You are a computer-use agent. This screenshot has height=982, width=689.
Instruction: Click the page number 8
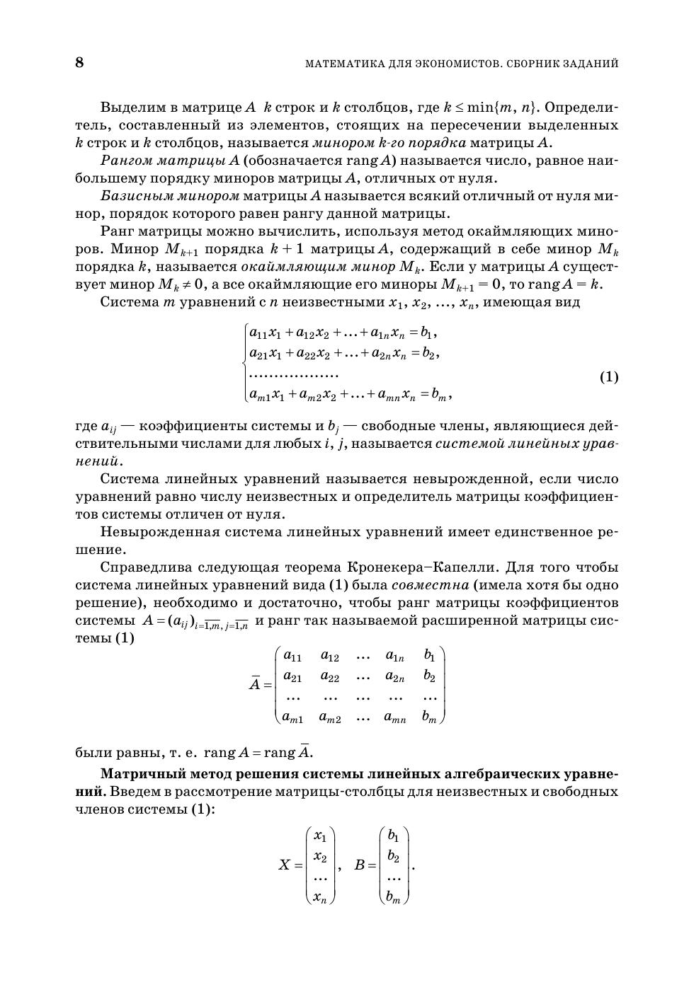point(79,63)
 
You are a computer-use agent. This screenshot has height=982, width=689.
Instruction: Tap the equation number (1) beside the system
point(609,376)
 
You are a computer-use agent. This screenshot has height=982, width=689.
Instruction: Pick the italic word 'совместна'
point(430,585)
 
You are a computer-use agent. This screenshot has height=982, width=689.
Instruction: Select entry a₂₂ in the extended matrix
point(329,676)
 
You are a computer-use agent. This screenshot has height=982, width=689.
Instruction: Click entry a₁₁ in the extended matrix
point(292,656)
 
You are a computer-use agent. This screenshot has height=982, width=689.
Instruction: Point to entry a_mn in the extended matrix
point(394,717)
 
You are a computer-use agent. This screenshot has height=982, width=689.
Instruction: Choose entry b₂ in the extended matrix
point(429,676)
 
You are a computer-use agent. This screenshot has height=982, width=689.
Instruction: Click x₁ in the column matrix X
point(320,836)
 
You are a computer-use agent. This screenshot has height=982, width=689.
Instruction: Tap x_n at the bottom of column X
point(320,897)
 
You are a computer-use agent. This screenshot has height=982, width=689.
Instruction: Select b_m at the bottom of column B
point(394,898)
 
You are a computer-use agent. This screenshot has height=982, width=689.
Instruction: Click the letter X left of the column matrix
point(285,865)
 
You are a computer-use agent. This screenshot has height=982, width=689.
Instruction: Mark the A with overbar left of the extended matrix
point(255,683)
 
